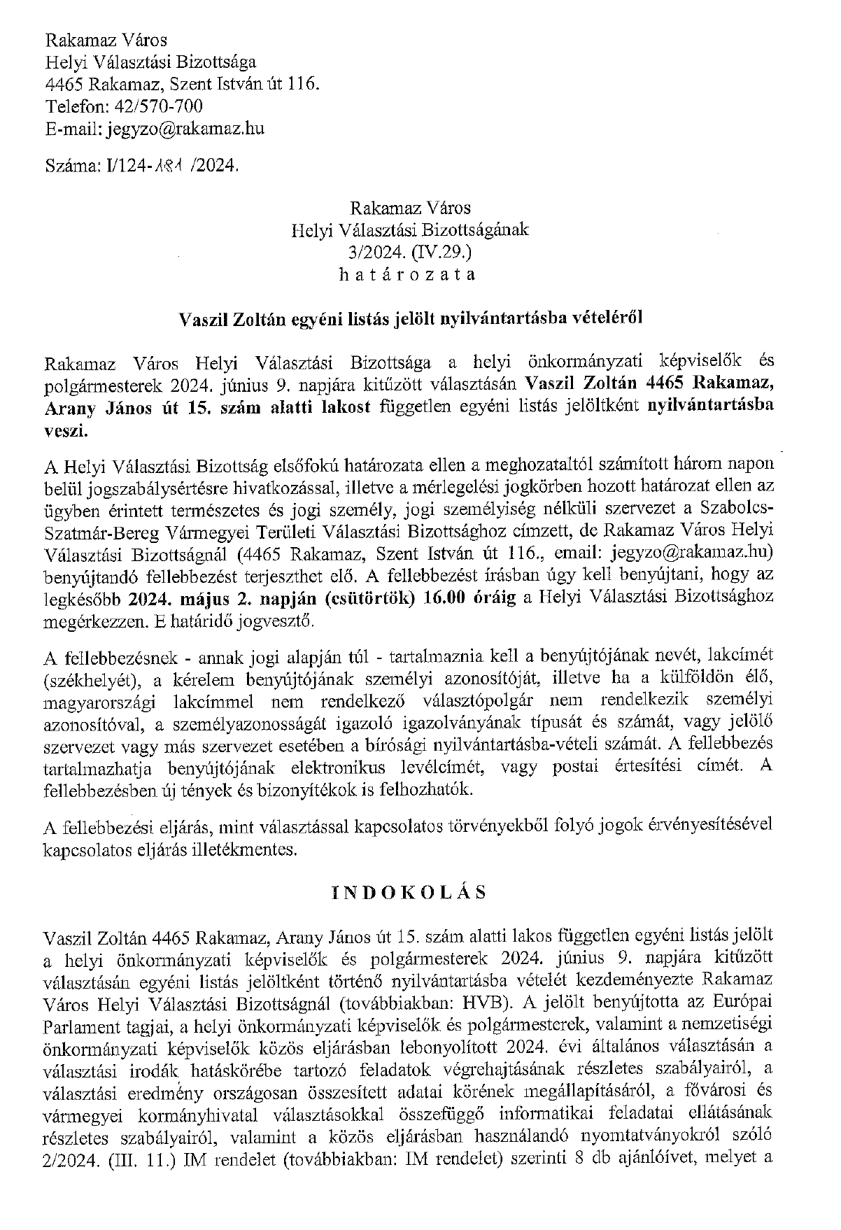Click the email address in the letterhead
(x=185, y=129)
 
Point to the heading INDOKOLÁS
(x=409, y=893)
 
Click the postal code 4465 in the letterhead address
(x=64, y=84)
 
